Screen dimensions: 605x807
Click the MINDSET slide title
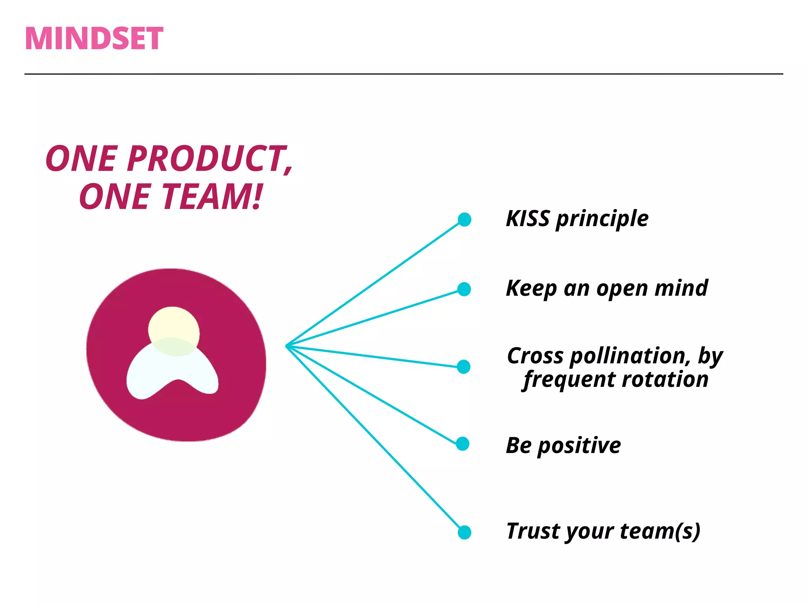point(94,39)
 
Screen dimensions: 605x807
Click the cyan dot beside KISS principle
point(465,219)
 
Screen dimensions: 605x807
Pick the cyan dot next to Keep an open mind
point(464,289)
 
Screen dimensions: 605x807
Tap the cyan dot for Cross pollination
point(464,367)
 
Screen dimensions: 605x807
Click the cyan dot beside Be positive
point(463,444)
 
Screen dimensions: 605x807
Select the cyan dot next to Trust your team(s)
point(465,532)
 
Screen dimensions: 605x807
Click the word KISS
point(527,219)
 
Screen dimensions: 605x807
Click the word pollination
point(630,356)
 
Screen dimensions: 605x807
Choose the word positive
point(579,446)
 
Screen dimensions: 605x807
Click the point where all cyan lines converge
point(286,346)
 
